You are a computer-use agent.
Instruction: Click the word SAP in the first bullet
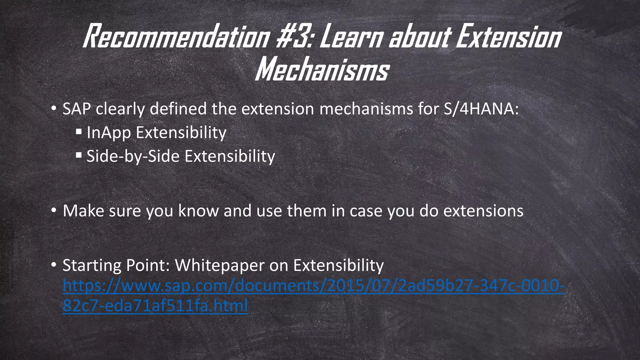tap(77, 109)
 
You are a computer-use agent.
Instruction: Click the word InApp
tap(108, 132)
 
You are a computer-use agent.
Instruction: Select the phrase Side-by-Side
tap(133, 156)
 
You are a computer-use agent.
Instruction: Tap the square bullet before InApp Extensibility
tap(79, 131)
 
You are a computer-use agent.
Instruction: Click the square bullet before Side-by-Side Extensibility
tap(79, 155)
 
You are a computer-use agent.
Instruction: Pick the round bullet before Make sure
tap(54, 211)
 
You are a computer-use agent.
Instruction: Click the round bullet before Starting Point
tap(54, 265)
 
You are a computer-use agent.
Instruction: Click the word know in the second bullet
tap(198, 211)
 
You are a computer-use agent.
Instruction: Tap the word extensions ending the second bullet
tap(483, 211)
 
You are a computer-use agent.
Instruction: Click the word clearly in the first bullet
tap(120, 109)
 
